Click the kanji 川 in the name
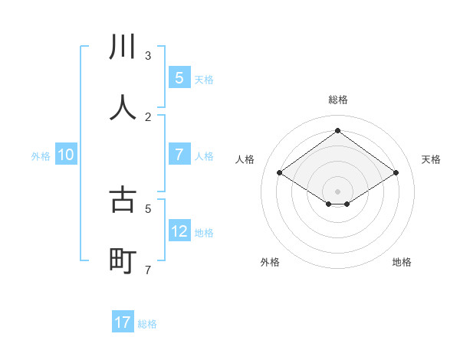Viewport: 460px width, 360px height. click(x=123, y=47)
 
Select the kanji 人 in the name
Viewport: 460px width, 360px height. click(x=123, y=107)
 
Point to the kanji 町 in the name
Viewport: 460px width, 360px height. click(x=123, y=261)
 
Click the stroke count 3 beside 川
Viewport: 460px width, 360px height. click(x=148, y=56)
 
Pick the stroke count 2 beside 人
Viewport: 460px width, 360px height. click(x=148, y=116)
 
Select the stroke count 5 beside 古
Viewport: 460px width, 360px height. click(x=148, y=208)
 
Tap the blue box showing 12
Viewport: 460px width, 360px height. click(x=179, y=231)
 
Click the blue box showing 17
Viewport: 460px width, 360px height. click(x=123, y=322)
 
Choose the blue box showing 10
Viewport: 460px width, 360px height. click(x=66, y=155)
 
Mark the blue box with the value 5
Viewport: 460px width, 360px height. click(x=179, y=77)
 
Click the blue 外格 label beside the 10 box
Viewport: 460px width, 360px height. click(x=41, y=155)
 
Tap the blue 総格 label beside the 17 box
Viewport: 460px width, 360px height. click(x=147, y=324)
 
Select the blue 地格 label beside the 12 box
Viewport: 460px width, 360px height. click(x=204, y=232)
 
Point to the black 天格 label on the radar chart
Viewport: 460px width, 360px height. click(x=432, y=159)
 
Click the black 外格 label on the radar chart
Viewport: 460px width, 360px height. click(x=270, y=262)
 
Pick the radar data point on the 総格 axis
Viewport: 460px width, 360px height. click(x=337, y=131)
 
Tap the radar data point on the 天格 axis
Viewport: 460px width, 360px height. click(x=396, y=173)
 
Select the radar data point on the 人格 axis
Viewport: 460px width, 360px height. click(x=279, y=173)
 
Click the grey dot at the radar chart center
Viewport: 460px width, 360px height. click(x=337, y=191)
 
